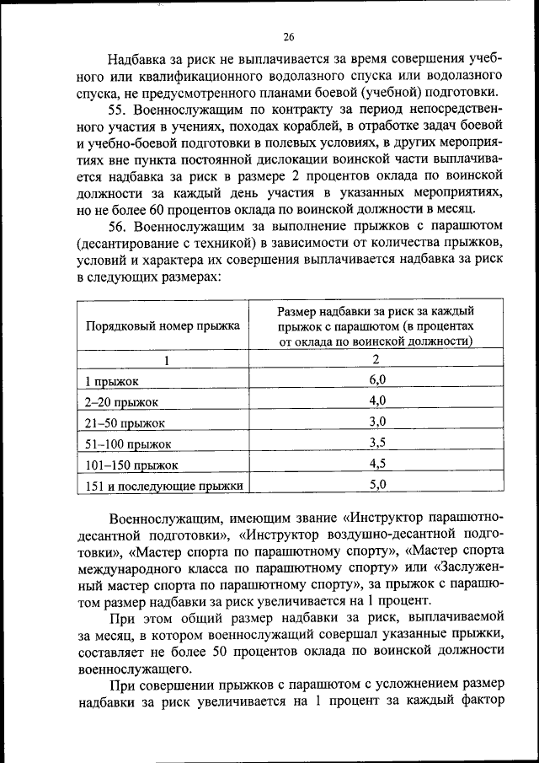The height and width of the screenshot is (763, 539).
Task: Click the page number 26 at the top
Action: point(288,37)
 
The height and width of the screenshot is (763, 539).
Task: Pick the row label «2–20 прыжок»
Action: point(123,401)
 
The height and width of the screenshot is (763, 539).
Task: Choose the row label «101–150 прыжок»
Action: point(131,465)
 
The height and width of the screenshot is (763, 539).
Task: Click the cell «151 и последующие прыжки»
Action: point(164,486)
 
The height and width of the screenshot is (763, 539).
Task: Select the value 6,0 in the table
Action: point(376,379)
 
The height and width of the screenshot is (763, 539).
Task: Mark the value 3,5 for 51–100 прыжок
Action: point(376,442)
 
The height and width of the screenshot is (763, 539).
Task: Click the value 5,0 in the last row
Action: point(376,484)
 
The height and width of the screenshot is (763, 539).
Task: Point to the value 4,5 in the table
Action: point(376,463)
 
